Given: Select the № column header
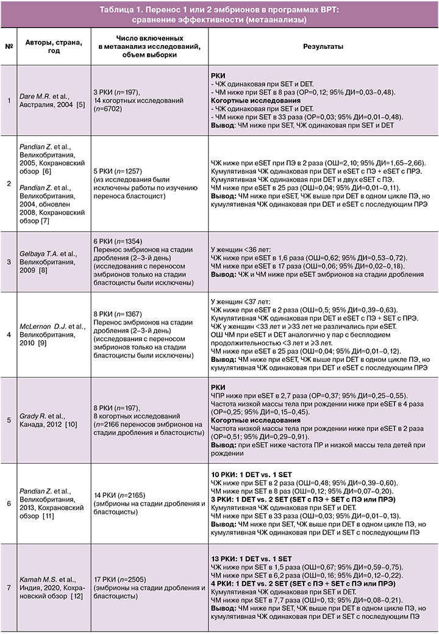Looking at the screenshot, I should [9, 46].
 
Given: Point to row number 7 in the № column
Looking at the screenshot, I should [9, 588].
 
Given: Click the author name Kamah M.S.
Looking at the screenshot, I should [42, 579].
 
